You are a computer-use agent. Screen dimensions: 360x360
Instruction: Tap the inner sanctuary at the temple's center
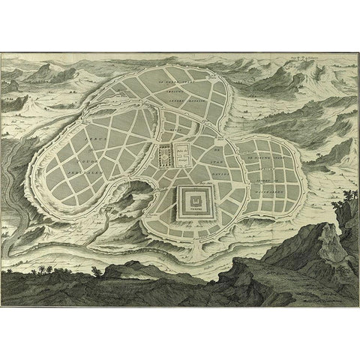pyautogui.click(x=194, y=201)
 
